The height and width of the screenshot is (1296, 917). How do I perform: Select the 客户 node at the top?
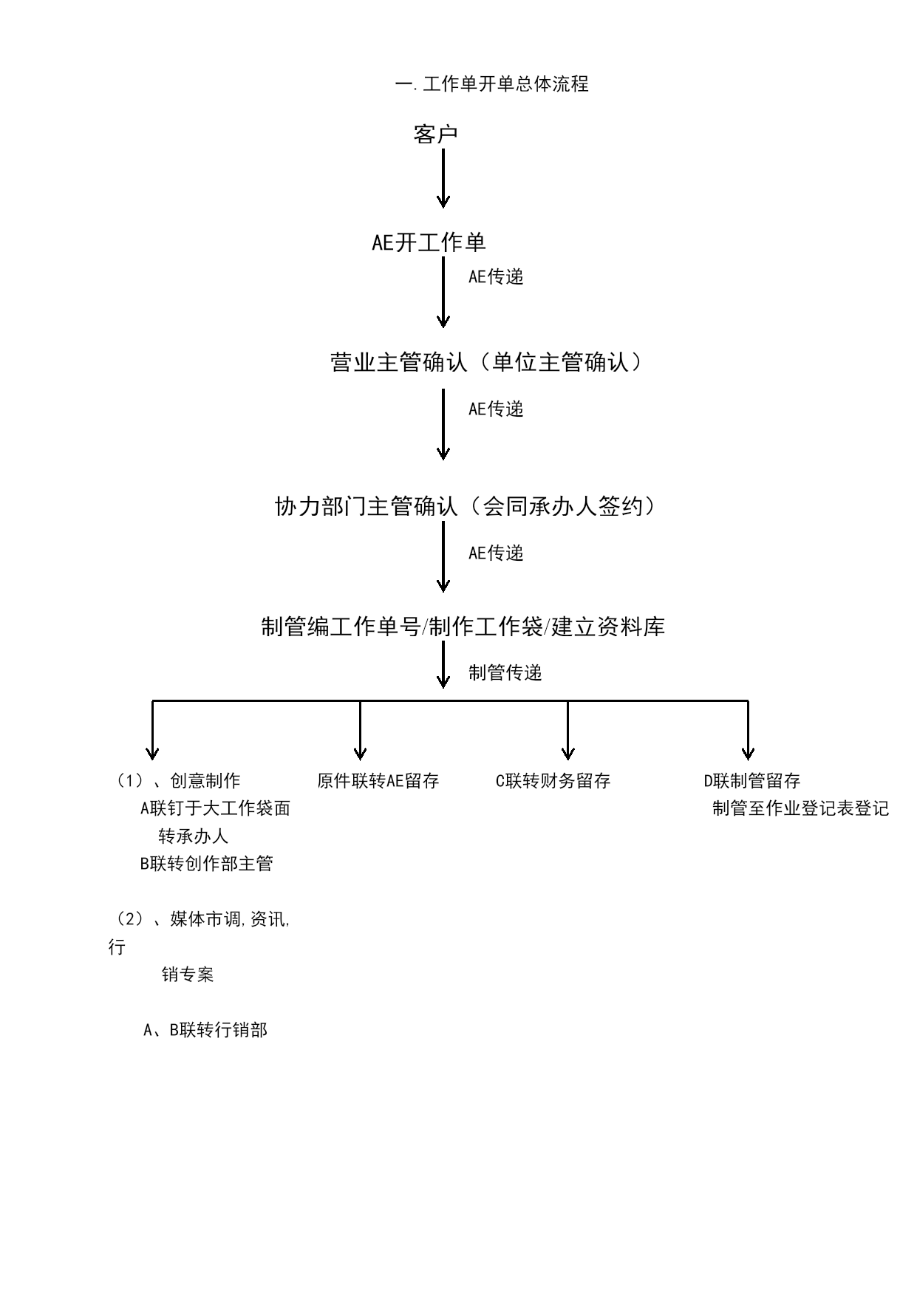pos(436,134)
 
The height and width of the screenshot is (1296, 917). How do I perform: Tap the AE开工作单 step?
pos(429,242)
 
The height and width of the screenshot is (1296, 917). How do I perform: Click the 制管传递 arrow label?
pos(505,672)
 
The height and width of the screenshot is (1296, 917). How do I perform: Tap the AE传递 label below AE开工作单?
pos(496,276)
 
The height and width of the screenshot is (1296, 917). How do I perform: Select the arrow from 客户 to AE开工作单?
pos(443,178)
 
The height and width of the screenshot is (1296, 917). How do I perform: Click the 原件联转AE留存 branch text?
pos(378,781)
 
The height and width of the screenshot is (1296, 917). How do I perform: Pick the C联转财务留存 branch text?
pos(553,781)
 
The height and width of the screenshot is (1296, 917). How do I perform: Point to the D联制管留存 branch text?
pos(752,781)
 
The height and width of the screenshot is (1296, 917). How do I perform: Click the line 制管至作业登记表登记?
pos(801,808)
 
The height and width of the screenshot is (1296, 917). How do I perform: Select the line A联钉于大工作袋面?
pos(215,808)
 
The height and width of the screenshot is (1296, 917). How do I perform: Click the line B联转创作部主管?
pos(207,864)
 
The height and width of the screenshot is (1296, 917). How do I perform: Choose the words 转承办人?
pos(194,836)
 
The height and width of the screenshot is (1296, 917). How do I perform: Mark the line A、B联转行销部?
pos(205,1030)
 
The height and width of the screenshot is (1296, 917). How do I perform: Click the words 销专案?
pos(188,975)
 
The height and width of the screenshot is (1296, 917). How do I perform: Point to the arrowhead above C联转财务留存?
pos(567,753)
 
